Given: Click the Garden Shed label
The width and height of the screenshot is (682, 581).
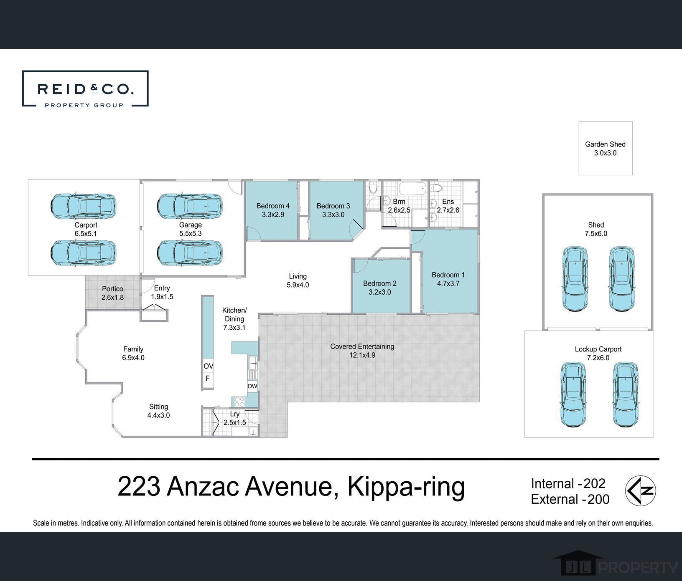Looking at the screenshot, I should click(605, 144).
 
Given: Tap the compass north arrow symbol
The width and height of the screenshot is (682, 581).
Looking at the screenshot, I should click(640, 491).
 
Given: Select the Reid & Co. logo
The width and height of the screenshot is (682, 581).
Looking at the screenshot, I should click(85, 89).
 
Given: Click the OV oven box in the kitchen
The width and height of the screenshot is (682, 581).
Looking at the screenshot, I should click(208, 366).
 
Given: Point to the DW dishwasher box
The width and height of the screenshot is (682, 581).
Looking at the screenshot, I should click(252, 386).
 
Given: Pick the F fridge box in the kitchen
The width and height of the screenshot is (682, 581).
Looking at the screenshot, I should click(208, 379).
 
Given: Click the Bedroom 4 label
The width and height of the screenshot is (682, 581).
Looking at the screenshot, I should click(273, 206).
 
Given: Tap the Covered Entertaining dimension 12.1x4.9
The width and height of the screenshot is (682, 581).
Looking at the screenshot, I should click(362, 356).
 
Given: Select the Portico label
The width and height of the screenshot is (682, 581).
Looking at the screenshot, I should click(112, 289).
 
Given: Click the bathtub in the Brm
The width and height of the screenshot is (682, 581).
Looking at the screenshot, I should click(412, 188).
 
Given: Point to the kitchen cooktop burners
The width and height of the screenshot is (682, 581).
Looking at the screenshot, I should click(239, 402).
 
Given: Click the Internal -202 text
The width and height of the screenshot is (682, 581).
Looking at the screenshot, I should click(568, 483).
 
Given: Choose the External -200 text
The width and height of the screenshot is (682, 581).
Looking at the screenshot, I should click(570, 499).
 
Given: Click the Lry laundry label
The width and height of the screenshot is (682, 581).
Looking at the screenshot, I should click(235, 414).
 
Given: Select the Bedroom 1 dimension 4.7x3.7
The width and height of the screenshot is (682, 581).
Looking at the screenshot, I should click(448, 284).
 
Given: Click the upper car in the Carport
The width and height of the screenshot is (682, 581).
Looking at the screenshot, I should click(83, 205).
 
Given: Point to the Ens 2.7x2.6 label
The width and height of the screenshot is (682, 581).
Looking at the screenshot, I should click(448, 206).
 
